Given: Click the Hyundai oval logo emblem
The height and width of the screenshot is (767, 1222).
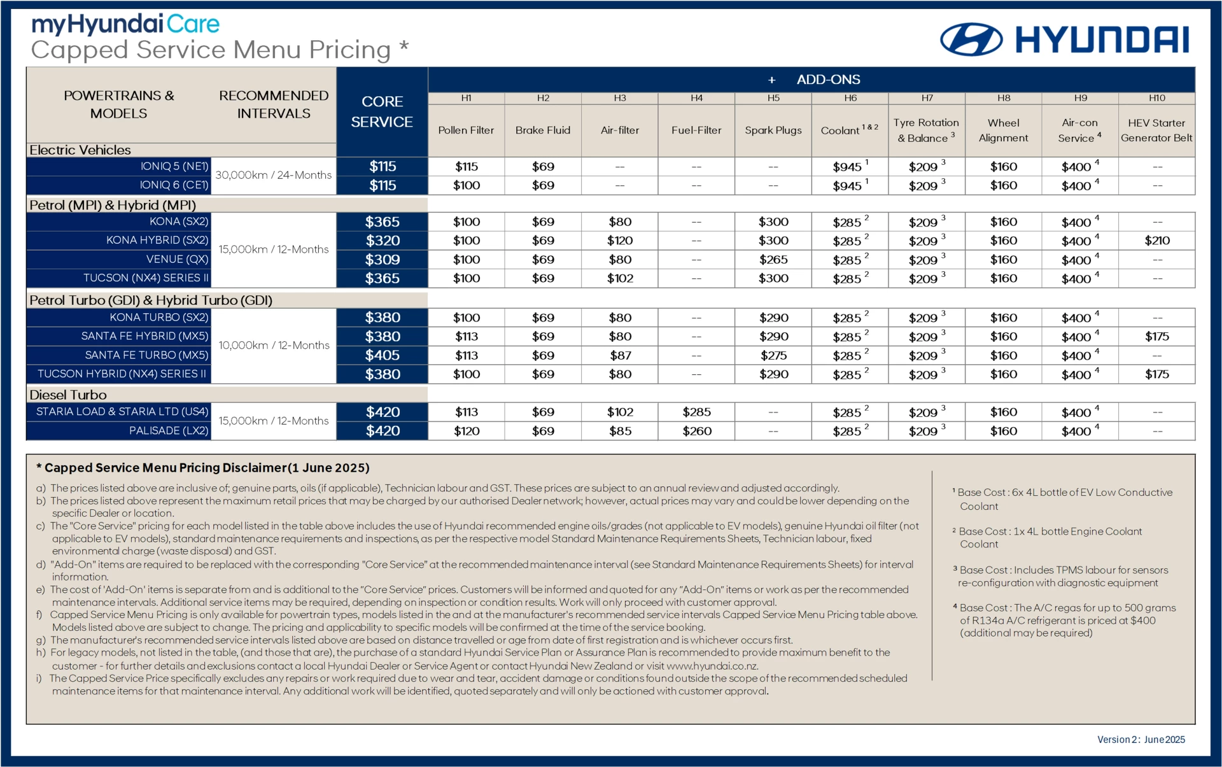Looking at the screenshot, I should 971,39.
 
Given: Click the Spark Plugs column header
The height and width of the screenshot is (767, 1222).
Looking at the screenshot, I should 773,130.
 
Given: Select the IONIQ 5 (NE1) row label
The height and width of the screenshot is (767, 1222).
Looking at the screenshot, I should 174,166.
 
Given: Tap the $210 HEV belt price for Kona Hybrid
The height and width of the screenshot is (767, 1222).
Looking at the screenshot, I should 1156,241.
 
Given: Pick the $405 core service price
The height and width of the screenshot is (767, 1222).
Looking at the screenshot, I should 382,355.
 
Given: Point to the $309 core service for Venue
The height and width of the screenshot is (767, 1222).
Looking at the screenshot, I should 382,260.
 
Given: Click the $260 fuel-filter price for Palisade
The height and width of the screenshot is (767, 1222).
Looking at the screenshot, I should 697,431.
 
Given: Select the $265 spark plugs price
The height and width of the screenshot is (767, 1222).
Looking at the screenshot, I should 773,260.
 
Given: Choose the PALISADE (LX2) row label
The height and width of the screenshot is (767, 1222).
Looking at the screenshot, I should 169,431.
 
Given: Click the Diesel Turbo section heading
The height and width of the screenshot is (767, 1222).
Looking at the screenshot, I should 68,395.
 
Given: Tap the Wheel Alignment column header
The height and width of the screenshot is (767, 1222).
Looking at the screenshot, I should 1003,130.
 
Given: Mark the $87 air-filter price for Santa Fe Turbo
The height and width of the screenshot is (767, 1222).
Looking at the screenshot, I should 620,355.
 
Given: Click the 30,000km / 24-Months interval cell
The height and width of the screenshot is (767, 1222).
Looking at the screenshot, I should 274,175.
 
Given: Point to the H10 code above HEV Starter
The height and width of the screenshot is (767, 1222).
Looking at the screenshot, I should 1156,98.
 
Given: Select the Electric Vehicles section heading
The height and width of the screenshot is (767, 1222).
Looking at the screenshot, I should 80,150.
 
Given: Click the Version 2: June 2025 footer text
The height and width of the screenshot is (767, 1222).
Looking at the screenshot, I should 1141,740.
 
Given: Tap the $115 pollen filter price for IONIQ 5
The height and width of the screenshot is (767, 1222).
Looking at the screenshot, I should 467,167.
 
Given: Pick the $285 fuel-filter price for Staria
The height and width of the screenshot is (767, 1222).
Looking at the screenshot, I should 697,412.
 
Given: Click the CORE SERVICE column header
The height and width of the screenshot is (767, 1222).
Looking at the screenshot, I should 382,112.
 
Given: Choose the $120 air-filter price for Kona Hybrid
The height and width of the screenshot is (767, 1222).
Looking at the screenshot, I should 620,241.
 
